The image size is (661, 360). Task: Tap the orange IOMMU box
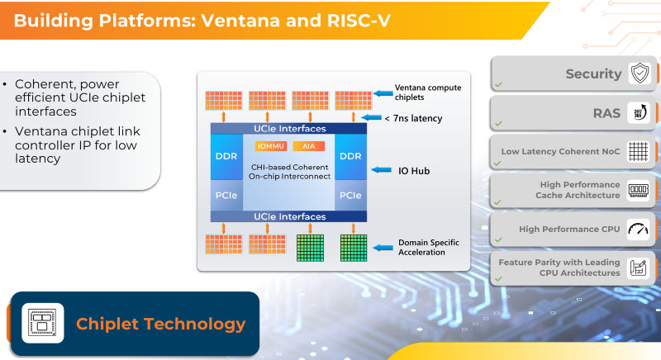tap(272, 146)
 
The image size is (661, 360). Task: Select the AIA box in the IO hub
tap(308, 146)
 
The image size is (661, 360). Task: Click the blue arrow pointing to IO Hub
tap(383, 171)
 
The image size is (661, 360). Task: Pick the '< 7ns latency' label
tap(413, 119)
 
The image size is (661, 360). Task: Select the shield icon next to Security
tap(640, 73)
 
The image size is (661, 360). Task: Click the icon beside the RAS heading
tap(640, 113)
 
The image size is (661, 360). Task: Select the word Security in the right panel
tap(593, 73)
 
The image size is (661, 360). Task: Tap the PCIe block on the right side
tap(350, 196)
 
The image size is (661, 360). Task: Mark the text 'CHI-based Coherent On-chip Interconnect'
tap(290, 170)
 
